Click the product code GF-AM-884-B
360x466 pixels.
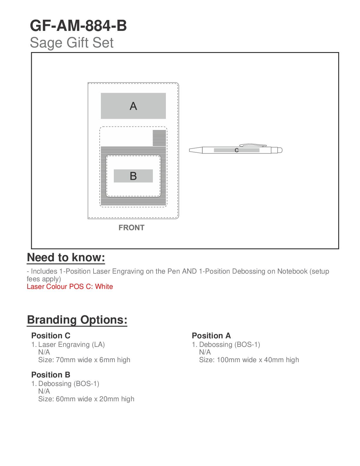point(78,26)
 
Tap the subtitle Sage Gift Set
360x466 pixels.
point(71,43)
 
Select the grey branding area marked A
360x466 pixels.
point(133,106)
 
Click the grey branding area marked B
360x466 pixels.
point(133,176)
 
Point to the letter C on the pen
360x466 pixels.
point(236,150)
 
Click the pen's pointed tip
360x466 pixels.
point(191,150)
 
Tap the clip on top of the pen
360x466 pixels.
point(253,145)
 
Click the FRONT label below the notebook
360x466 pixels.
point(131,228)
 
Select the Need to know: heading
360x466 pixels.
point(66,257)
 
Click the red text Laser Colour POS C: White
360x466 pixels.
point(70,287)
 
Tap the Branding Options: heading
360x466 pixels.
point(77,320)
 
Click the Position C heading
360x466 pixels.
point(51,336)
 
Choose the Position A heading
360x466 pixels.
point(211,336)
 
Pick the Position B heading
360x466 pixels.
point(51,375)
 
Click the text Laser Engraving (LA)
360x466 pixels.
point(71,344)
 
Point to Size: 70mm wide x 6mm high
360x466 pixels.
point(84,360)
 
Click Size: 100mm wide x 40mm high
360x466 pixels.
point(249,360)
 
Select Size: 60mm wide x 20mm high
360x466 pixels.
point(86,399)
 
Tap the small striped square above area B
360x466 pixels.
point(159,138)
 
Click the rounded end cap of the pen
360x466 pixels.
point(280,150)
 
